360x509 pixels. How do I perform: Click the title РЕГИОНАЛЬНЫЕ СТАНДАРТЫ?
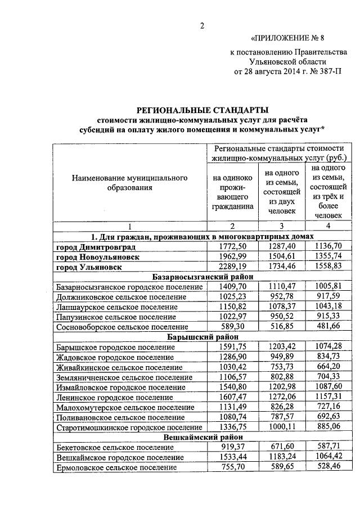point(204,109)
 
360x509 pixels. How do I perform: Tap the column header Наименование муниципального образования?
point(129,182)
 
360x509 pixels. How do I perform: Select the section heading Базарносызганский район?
point(203,277)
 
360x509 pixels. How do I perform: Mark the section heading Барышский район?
point(203,337)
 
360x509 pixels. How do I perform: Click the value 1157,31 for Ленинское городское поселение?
point(325,397)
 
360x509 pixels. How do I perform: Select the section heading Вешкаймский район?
point(203,437)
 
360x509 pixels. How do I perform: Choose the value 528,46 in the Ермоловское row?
point(325,467)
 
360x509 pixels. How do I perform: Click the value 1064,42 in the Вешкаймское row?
point(325,457)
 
